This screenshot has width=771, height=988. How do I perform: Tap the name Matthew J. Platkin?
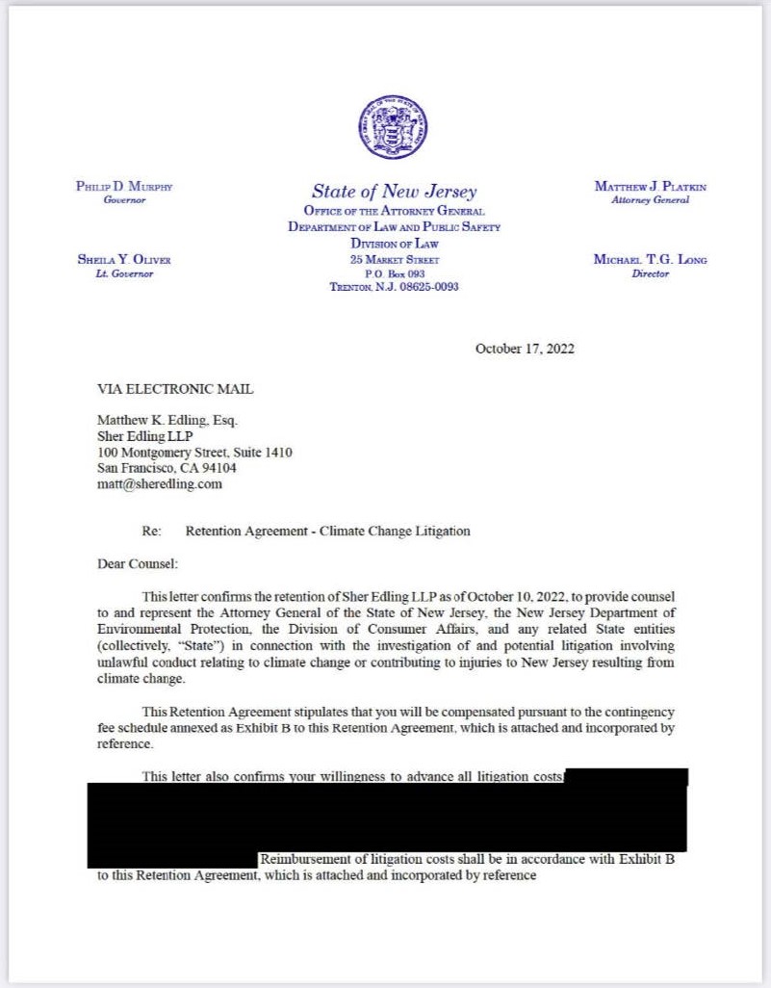point(650,186)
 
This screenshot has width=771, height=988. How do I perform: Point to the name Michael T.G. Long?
point(650,260)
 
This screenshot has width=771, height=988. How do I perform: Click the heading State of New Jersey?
point(394,191)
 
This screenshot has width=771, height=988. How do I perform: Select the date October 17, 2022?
point(525,349)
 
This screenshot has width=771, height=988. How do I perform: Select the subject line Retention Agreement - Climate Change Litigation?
point(327,531)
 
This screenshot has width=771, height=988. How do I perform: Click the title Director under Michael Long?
point(650,273)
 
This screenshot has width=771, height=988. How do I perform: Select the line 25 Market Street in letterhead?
point(394,260)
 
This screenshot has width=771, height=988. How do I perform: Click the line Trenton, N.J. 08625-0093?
point(394,287)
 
